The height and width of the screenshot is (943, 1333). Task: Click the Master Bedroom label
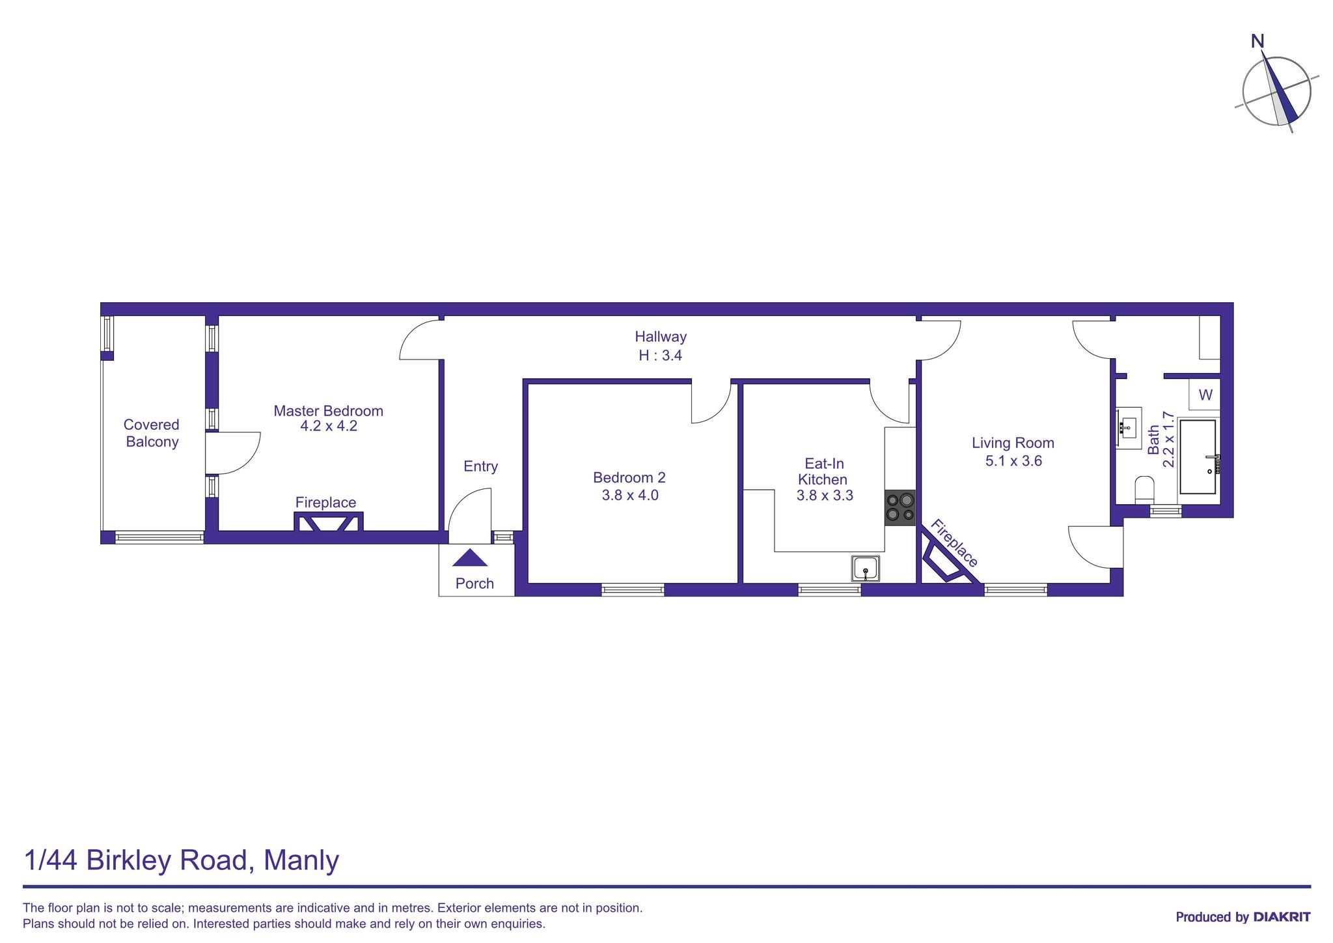328,411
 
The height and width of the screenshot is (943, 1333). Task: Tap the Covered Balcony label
152,433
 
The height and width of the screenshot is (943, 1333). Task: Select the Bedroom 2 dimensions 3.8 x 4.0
629,495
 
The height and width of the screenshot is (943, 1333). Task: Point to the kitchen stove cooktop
900,508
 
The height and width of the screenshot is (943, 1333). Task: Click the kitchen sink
866,569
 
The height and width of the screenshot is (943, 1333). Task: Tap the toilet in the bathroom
1144,489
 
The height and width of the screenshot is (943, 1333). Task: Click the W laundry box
1205,395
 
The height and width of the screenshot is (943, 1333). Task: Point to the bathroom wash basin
1129,427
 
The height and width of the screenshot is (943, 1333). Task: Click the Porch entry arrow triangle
470,558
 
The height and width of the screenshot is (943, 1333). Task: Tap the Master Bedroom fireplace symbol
328,522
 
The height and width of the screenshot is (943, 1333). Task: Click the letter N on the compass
1257,42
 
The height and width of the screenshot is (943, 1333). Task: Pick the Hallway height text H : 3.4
660,356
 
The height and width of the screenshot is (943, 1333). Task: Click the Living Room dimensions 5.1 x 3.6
1013,461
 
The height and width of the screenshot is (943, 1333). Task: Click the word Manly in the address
301,860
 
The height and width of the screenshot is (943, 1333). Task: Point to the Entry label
480,466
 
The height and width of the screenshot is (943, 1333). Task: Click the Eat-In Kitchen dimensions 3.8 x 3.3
824,496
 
